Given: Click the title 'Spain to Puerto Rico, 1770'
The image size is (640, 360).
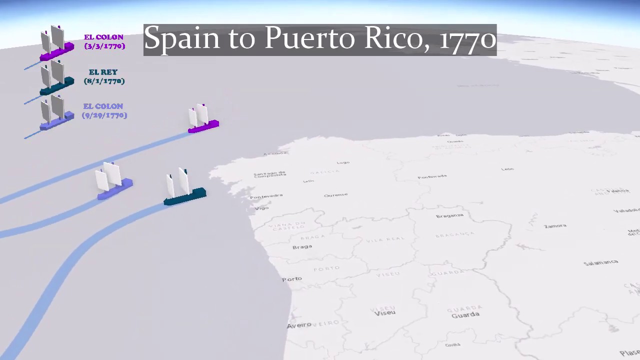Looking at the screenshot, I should (x=320, y=39).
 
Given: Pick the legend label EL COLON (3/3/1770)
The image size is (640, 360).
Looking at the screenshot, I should (x=104, y=41).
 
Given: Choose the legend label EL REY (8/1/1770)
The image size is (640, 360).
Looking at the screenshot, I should (x=104, y=76).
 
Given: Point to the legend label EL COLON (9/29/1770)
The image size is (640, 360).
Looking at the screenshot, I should (x=104, y=110).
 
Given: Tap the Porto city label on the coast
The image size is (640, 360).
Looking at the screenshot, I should (x=292, y=279).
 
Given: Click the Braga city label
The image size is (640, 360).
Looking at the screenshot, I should (x=302, y=247).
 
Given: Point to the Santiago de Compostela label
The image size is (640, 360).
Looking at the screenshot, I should (x=270, y=173).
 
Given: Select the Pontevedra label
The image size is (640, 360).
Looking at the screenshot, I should (x=266, y=196).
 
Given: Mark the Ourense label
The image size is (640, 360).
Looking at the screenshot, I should (x=335, y=195).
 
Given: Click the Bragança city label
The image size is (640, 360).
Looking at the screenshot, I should (x=450, y=215).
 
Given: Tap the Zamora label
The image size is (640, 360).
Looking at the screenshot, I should (x=555, y=226).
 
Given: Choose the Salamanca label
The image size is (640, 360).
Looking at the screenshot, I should (x=600, y=262).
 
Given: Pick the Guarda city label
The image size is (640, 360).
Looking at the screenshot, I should (x=465, y=315).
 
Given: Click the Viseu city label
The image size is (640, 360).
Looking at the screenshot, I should (x=384, y=313).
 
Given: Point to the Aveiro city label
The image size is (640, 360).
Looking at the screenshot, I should (x=299, y=326).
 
